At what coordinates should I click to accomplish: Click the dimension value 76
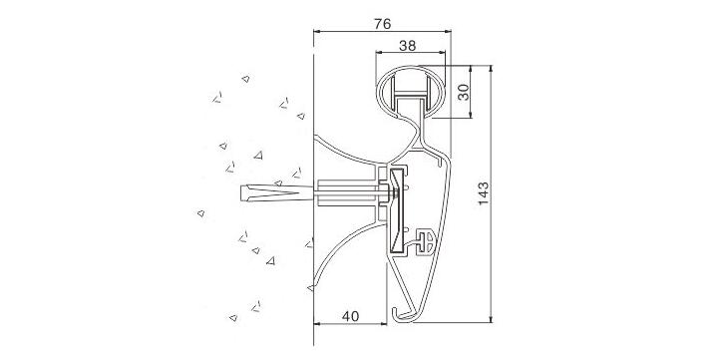click(382, 24)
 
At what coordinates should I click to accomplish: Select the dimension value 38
click(408, 46)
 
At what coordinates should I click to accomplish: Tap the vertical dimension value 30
click(464, 92)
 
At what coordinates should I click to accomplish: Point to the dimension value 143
click(483, 193)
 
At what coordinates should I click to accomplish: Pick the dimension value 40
click(350, 316)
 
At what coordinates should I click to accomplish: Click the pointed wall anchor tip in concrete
click(242, 192)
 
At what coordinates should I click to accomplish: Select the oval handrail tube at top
click(411, 92)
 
